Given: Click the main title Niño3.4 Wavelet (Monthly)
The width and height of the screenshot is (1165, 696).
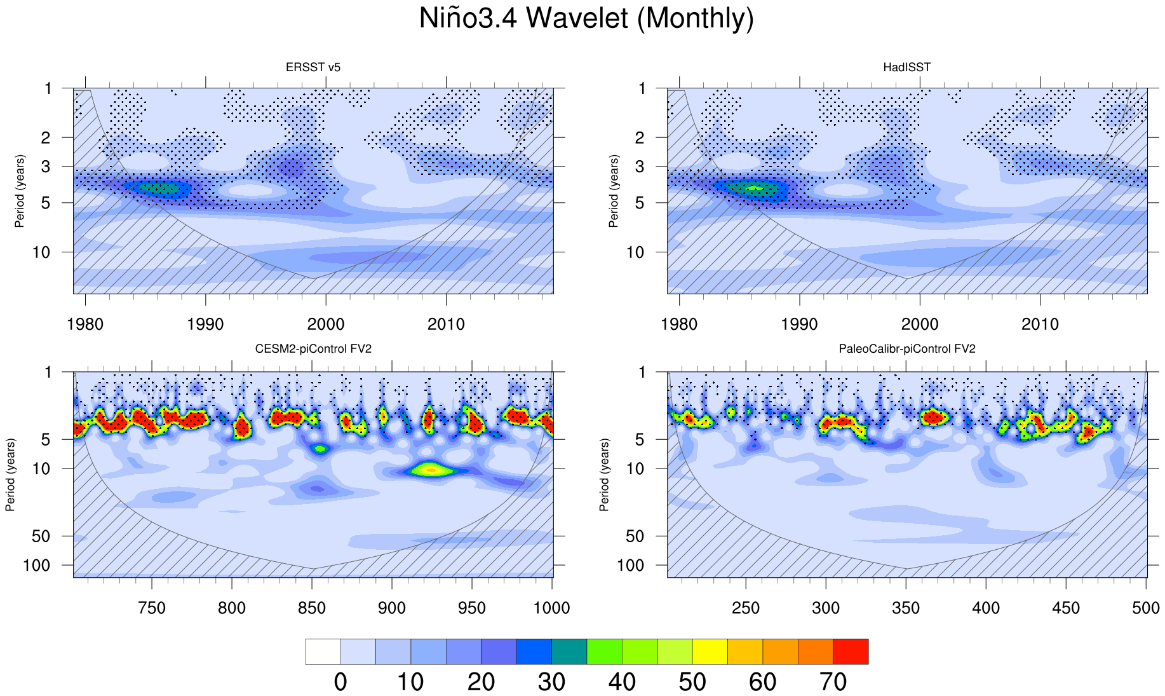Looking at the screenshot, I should click(x=586, y=18).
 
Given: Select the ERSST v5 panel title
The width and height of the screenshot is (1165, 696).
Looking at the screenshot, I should click(x=313, y=67).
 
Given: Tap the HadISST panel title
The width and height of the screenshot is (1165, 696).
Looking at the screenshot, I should click(x=906, y=67).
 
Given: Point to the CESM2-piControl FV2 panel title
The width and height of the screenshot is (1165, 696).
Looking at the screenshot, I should click(x=313, y=349).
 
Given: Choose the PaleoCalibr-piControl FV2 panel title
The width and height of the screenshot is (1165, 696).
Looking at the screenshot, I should click(x=906, y=349).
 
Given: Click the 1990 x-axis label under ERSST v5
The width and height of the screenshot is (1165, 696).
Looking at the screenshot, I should click(x=205, y=324).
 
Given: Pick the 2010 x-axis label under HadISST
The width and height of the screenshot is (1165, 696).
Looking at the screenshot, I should click(x=1040, y=324).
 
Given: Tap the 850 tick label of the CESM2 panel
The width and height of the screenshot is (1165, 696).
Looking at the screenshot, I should click(x=312, y=608).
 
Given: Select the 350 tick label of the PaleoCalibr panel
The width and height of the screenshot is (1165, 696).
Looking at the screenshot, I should click(x=906, y=608).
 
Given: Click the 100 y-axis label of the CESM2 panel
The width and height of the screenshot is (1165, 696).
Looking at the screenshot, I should click(x=36, y=565).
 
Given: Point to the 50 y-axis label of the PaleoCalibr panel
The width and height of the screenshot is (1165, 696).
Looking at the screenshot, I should click(x=635, y=536).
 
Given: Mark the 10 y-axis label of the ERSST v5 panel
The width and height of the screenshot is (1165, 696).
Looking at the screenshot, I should click(x=41, y=252).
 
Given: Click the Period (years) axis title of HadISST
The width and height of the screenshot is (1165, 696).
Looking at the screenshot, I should click(x=614, y=191).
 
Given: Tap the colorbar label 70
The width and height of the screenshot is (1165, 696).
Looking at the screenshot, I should click(x=833, y=682).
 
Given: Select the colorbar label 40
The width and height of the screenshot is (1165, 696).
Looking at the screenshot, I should click(x=622, y=682).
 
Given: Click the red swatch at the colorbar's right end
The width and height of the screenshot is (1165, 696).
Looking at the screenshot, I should click(x=851, y=652).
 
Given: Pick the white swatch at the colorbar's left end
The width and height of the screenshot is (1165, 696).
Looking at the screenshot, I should click(x=323, y=652).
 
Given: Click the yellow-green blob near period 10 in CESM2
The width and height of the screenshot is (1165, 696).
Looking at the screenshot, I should click(x=430, y=470).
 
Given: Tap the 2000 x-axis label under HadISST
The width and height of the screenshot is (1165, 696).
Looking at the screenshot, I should click(x=920, y=324).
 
